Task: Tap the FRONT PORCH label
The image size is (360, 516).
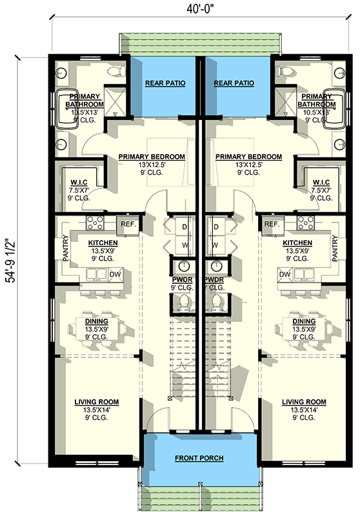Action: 199,458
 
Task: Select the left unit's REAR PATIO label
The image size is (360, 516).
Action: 160,83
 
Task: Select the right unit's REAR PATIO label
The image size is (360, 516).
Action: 234,83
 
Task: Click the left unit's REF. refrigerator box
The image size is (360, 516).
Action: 126,224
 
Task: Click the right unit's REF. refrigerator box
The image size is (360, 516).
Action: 271,224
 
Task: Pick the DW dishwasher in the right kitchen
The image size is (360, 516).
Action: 285,274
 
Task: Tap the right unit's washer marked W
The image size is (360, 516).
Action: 215,246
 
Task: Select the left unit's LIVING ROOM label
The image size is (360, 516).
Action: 96,402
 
